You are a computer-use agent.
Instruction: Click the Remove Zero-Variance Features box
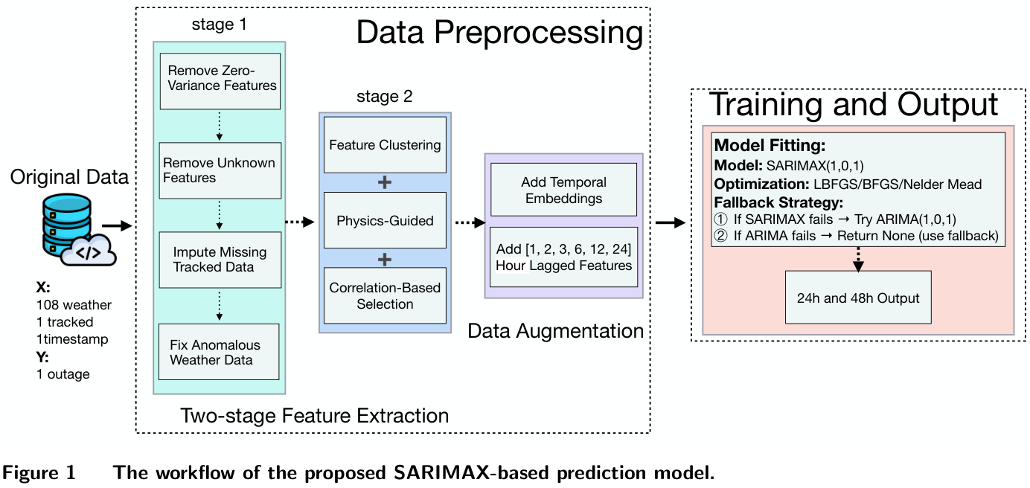click(220, 78)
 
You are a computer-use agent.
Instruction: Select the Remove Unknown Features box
click(220, 170)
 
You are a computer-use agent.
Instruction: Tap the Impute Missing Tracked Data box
click(220, 260)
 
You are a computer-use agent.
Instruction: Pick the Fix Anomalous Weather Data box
click(215, 352)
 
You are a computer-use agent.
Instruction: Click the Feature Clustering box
click(385, 144)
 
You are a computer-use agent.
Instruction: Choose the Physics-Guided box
click(385, 220)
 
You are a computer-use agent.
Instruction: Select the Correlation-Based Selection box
click(385, 295)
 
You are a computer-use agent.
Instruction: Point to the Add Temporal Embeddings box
click(564, 190)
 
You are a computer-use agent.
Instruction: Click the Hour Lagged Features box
click(564, 257)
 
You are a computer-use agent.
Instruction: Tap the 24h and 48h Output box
click(857, 298)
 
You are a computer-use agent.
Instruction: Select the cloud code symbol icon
click(89, 251)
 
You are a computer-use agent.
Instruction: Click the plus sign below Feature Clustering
click(385, 182)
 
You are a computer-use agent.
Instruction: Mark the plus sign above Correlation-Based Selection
click(385, 259)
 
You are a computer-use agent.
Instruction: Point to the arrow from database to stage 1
click(116, 223)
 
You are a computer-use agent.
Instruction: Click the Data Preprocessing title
click(499, 33)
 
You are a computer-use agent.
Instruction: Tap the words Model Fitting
click(770, 147)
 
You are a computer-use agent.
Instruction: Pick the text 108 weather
click(74, 305)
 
